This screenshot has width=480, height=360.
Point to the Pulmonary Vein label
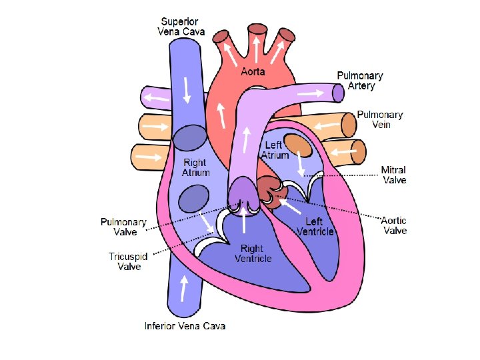coord(379,120)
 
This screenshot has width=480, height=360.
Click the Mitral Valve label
coord(393,175)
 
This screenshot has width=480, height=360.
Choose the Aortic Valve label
coord(394,225)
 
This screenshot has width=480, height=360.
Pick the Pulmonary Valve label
coord(123,227)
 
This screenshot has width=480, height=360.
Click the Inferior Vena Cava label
coord(185,326)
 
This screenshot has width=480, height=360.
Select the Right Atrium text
coord(195,167)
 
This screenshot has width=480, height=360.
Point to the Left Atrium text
coord(275,150)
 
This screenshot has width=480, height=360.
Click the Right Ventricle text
coord(253,253)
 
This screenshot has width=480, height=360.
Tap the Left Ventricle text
coord(314,226)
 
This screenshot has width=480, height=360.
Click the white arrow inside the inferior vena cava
coord(183,289)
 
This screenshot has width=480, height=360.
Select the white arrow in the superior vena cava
coord(186,89)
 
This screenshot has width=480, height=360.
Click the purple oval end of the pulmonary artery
coord(339,93)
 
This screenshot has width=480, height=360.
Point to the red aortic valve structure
coord(271,190)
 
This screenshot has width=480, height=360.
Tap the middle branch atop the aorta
coord(256,34)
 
